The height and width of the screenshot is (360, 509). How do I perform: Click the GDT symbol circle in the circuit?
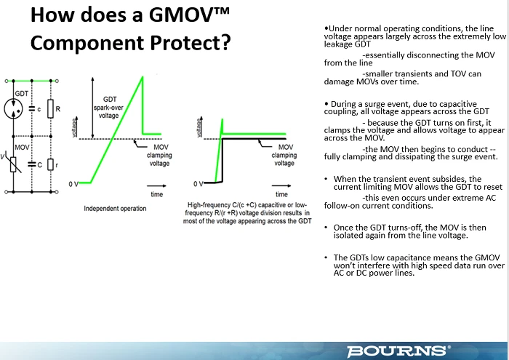coord(13,109)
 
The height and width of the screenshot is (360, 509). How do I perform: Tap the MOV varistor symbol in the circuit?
coord(13,164)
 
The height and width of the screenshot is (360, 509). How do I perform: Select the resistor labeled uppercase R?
coord(50,109)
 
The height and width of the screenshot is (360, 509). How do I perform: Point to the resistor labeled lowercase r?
coord(50,164)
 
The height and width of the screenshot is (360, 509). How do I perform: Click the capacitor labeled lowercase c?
coord(32,109)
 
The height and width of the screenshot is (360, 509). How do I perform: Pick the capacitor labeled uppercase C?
coord(32,164)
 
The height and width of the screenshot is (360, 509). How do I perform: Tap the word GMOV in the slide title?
coord(189,15)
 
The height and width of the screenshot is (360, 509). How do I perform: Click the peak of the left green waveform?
coord(143,76)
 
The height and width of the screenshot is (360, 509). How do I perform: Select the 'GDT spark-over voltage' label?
coord(108,108)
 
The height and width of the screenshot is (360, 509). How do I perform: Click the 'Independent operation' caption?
coord(115,209)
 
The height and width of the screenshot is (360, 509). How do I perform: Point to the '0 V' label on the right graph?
coord(198,184)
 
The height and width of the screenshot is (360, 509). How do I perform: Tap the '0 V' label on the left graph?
coord(73,184)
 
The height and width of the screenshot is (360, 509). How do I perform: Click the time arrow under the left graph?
coord(156,186)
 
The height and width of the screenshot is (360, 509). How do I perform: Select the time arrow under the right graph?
coord(281,186)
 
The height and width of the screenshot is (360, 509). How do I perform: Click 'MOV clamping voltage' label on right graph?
coord(284,155)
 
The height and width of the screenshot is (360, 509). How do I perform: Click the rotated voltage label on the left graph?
coord(74,127)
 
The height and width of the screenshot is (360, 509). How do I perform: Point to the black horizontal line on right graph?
coord(254,139)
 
